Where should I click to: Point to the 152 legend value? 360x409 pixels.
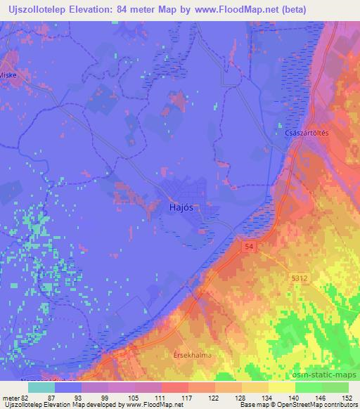(347, 398)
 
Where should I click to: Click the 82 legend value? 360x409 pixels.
(26, 398)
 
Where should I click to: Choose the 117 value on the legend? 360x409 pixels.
(188, 398)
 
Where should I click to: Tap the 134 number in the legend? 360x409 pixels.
(268, 398)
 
